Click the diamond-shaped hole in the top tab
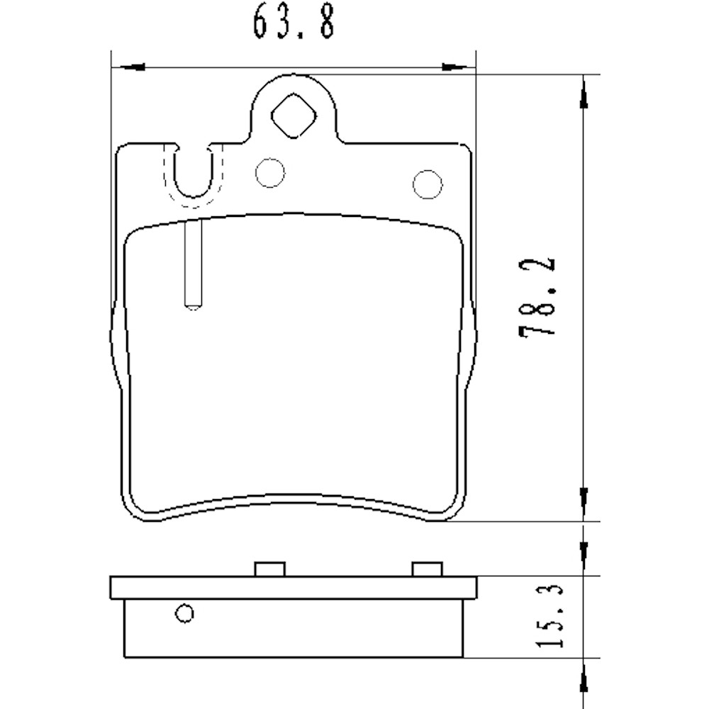click(x=294, y=118)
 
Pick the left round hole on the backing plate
click(x=270, y=173)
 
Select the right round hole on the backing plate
click(x=428, y=184)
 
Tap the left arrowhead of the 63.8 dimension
click(x=131, y=67)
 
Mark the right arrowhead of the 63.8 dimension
click(x=457, y=67)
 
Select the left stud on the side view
click(x=269, y=569)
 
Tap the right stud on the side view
click(x=428, y=569)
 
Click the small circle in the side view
click(x=185, y=613)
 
